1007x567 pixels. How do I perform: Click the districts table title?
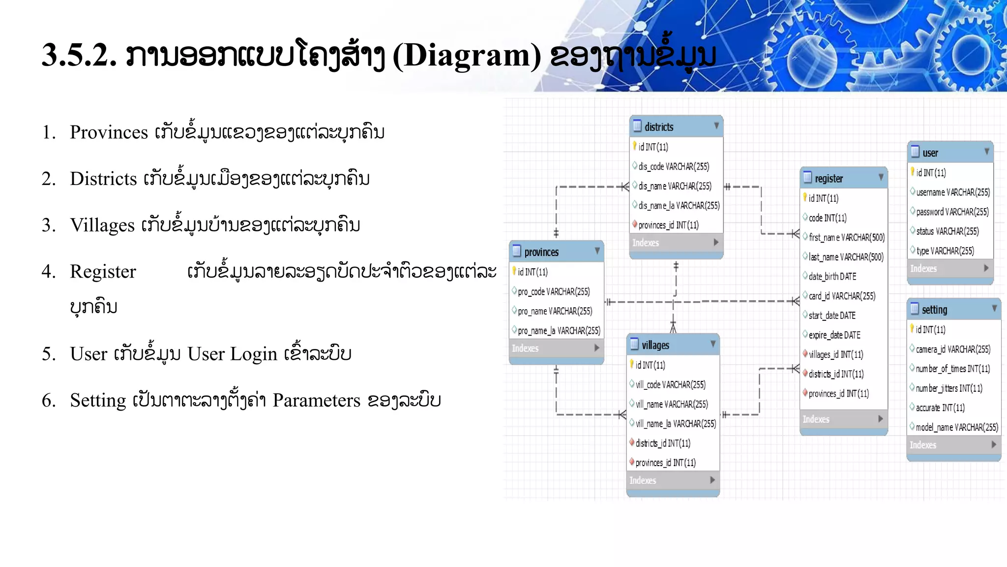coord(659,127)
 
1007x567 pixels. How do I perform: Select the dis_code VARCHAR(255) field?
coord(674,166)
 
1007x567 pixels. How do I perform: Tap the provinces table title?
coord(541,252)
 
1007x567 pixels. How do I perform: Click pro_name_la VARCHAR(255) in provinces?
coord(559,331)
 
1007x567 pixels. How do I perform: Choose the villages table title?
coord(655,345)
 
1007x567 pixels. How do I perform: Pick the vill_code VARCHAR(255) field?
coord(670,384)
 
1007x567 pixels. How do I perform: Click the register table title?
coord(829,179)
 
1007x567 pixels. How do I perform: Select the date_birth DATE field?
coord(832,277)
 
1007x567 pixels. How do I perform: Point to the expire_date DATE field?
coord(834,335)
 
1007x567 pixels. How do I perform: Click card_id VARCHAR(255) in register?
coord(842,296)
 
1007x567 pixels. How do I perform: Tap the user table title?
coord(930,153)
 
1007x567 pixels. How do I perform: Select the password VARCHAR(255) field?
coord(952,212)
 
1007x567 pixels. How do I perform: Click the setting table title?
coord(934,310)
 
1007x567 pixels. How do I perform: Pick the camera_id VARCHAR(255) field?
coord(952,349)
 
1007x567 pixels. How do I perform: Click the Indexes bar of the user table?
coord(949,268)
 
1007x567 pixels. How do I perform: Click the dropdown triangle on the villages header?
coord(712,344)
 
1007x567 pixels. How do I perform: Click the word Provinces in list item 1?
coord(109,132)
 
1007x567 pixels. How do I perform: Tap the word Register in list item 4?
coord(103,271)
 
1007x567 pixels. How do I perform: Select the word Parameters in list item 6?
coord(316,400)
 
